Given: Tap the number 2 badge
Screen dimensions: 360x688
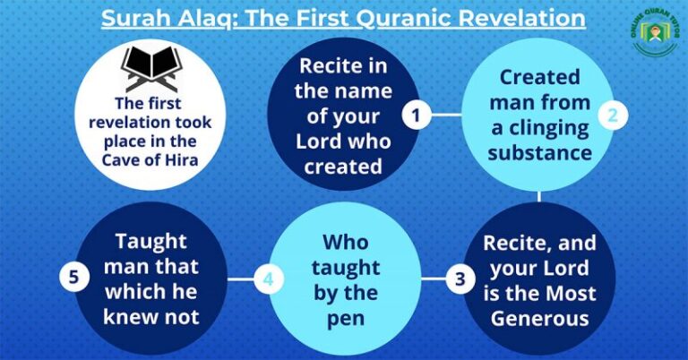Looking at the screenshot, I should [613, 115].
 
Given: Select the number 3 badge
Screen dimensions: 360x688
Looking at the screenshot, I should [460, 279].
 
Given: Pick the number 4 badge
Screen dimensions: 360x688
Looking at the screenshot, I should [268, 279].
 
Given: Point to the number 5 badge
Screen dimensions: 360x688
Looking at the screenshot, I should [73, 279].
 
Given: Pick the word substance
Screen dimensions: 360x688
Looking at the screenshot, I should [540, 152].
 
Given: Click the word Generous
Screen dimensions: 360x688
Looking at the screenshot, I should [538, 317].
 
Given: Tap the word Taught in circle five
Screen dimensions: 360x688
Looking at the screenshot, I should [150, 242].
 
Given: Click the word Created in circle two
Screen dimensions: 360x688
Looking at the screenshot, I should [539, 77].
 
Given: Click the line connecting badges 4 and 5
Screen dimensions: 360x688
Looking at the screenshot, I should [241, 279].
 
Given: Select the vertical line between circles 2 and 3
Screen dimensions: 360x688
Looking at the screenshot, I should [539, 195].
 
